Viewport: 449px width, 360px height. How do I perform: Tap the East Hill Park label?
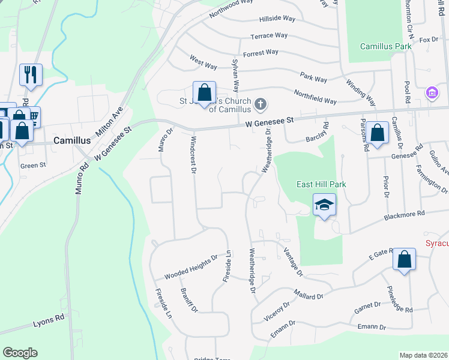pos(322,184)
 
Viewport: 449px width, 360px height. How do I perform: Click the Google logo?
pos(20,353)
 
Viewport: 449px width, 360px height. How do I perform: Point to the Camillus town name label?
pos(71,140)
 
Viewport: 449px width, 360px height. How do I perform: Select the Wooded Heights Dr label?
pos(191,268)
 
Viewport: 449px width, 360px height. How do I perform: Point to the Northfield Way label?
pos(315,96)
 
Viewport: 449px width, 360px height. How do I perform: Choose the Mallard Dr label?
pos(309,295)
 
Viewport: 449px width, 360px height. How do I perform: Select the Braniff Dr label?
pos(189,299)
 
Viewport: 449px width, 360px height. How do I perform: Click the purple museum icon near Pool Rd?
pos(431,93)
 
